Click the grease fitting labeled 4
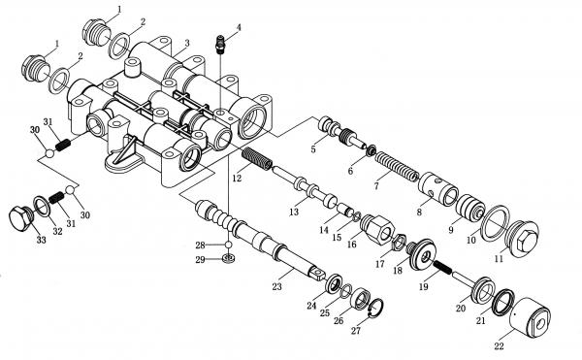click(x=220, y=44)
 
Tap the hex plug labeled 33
click(x=20, y=218)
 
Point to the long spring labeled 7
click(x=396, y=166)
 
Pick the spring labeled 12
click(x=257, y=158)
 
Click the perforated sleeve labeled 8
click(x=438, y=188)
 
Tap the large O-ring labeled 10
click(x=495, y=222)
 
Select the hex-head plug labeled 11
click(x=523, y=238)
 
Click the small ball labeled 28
click(x=229, y=245)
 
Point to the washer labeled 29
click(x=229, y=257)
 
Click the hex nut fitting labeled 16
click(x=377, y=229)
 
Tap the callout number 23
click(x=276, y=286)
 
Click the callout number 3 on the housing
click(x=187, y=43)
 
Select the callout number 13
click(x=294, y=212)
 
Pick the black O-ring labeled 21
click(x=503, y=301)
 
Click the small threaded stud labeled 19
click(x=441, y=267)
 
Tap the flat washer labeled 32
click(x=42, y=207)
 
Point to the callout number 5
click(x=313, y=149)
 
